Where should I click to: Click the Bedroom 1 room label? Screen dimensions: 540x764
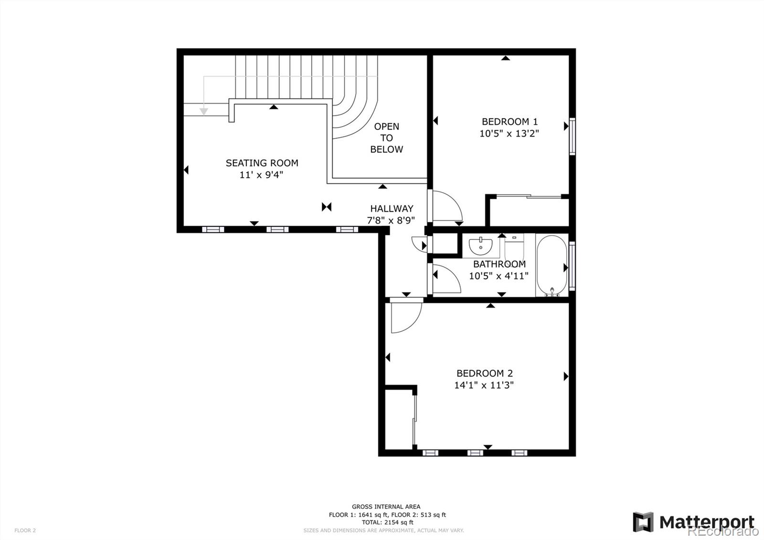pos(509,121)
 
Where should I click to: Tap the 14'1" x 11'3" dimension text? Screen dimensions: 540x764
pos(484,385)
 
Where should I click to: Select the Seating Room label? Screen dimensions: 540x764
pos(262,163)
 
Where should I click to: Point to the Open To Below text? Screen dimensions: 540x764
pos(386,138)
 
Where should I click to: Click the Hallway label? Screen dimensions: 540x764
pos(392,208)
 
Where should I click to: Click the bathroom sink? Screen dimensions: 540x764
pos(480,247)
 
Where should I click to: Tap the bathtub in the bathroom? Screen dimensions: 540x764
pos(552,266)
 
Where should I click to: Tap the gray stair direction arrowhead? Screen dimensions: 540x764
pos(204,111)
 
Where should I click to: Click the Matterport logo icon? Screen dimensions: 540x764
pos(643,522)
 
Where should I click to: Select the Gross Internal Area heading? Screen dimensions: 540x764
pos(386,507)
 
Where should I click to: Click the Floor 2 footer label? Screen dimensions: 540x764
pos(25,530)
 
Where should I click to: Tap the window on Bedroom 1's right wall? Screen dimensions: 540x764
pos(572,136)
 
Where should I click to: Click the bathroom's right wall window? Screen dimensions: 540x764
pos(572,266)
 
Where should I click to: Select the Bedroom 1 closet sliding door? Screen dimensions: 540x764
pos(529,196)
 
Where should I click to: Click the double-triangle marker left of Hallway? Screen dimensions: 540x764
pos(327,206)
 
